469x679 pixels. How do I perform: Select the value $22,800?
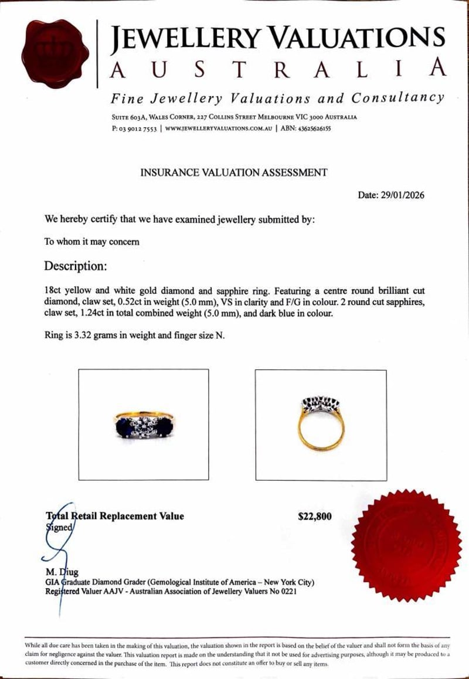click(315, 517)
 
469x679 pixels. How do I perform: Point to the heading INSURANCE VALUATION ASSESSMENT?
click(233, 172)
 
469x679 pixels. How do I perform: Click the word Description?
click(76, 266)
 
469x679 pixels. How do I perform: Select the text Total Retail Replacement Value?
click(115, 517)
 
